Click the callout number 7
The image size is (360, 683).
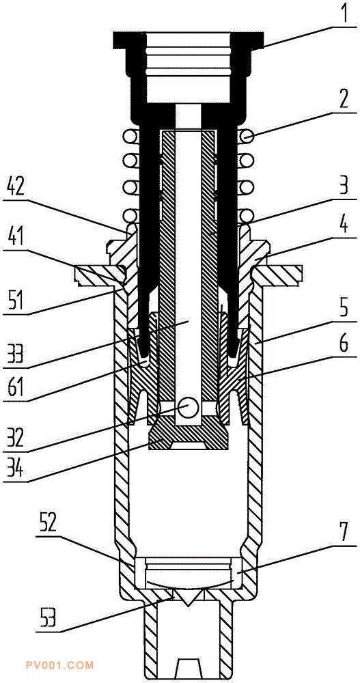(x=344, y=532)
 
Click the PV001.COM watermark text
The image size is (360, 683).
(x=66, y=665)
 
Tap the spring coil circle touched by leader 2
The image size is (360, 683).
(x=247, y=137)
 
